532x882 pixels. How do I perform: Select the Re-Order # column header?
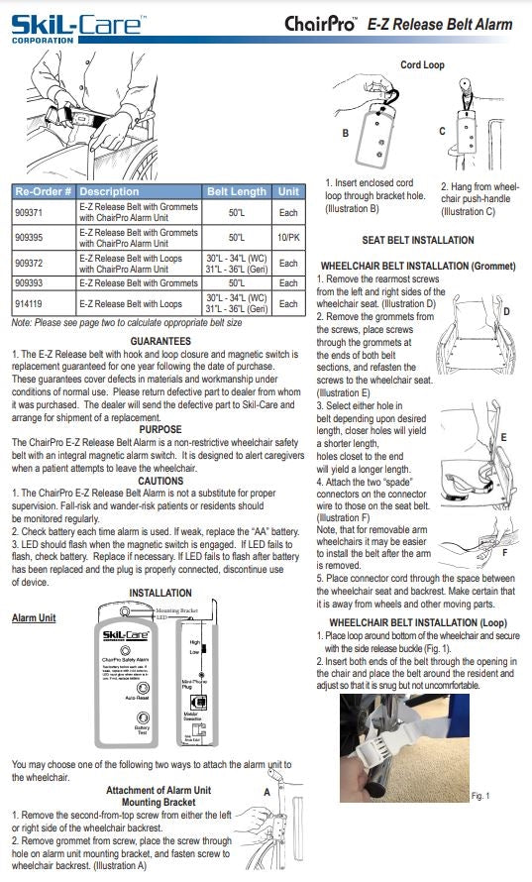(43, 191)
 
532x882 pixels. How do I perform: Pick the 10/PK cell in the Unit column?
(287, 238)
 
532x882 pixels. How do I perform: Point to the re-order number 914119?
(33, 303)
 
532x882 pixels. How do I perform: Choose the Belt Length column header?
(236, 191)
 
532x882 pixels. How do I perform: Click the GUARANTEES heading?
(160, 341)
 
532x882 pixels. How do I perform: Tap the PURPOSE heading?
(160, 429)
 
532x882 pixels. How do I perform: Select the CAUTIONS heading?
(160, 481)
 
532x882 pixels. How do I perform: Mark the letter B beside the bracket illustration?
(345, 132)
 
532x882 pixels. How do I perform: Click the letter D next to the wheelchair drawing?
(506, 312)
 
